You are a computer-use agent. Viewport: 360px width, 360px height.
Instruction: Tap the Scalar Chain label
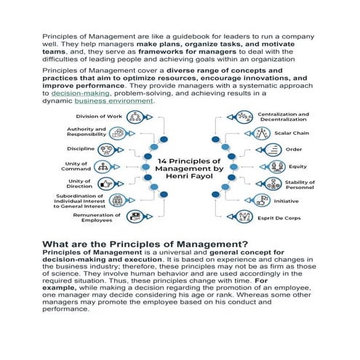[x=290, y=133]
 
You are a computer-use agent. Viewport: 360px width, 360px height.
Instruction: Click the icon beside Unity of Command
[x=108, y=167]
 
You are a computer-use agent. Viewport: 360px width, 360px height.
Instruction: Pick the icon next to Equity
[x=257, y=166]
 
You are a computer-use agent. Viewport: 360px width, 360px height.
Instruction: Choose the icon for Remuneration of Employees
[x=135, y=216]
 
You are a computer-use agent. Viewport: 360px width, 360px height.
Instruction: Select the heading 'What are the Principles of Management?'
[x=145, y=244]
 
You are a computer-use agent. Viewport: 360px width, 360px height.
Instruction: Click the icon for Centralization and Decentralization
[x=244, y=117]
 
